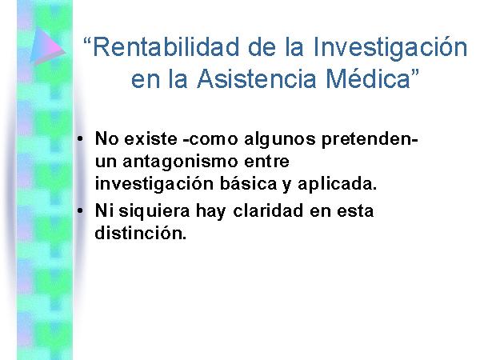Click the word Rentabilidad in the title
(x=166, y=47)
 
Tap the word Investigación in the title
(x=390, y=47)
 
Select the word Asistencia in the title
(x=256, y=78)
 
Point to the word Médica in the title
(x=368, y=78)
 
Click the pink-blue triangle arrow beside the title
(x=47, y=46)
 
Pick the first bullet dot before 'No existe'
(x=80, y=138)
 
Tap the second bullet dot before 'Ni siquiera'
(x=80, y=210)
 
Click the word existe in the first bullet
(x=150, y=138)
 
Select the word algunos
(x=280, y=139)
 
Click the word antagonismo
(x=180, y=162)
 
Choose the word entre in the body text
(x=266, y=162)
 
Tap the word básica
(x=248, y=184)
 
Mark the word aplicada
(x=337, y=185)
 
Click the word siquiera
(x=154, y=211)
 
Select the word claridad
(x=268, y=210)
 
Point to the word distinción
(x=141, y=234)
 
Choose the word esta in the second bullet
(x=355, y=211)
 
